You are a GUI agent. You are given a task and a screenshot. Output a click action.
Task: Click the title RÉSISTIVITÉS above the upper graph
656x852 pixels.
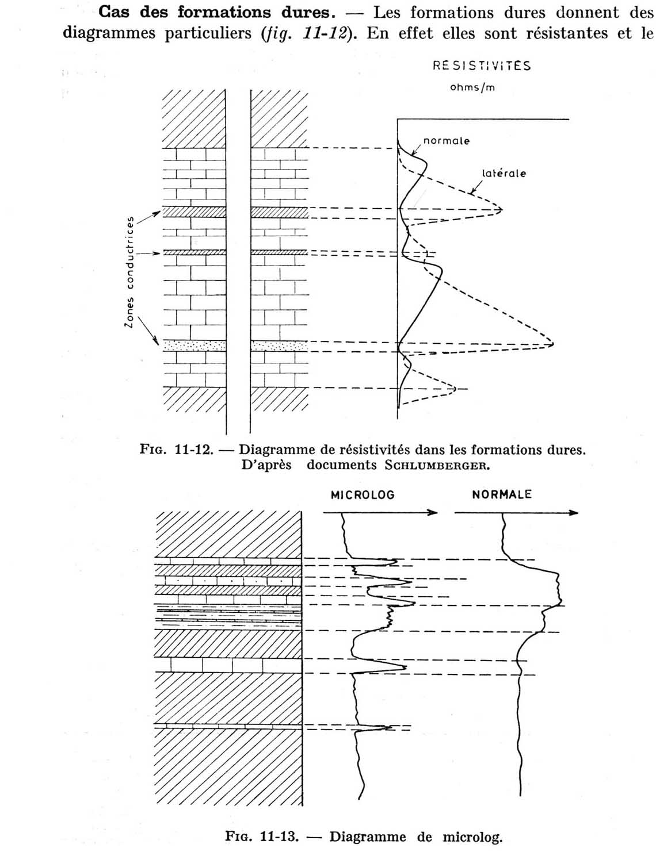click(482, 66)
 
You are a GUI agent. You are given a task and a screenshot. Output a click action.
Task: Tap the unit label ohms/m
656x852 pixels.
click(472, 87)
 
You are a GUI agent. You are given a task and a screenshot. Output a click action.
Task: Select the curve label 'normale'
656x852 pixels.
click(446, 141)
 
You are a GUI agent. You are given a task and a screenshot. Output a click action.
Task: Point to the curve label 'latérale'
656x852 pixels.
click(504, 173)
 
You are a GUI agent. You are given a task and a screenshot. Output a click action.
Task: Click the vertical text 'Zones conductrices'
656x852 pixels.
click(129, 272)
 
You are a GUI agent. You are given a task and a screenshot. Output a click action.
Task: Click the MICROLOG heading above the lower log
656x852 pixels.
click(363, 495)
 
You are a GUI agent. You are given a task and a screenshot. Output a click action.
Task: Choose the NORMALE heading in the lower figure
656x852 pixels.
click(501, 494)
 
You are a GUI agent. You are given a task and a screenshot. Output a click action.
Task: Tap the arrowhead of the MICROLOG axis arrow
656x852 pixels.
click(433, 512)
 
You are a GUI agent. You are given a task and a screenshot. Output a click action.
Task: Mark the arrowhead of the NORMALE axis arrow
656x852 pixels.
click(574, 512)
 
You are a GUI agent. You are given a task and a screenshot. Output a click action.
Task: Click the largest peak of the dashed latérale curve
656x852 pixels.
click(552, 344)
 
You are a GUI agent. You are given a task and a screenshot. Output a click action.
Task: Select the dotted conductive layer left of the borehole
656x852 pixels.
click(194, 346)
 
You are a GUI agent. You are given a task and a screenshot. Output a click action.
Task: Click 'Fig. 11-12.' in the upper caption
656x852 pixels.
click(177, 450)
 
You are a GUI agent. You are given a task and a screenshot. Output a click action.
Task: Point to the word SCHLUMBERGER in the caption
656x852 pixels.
click(437, 466)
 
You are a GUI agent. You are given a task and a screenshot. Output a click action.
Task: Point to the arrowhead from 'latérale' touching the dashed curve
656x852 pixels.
click(472, 192)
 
